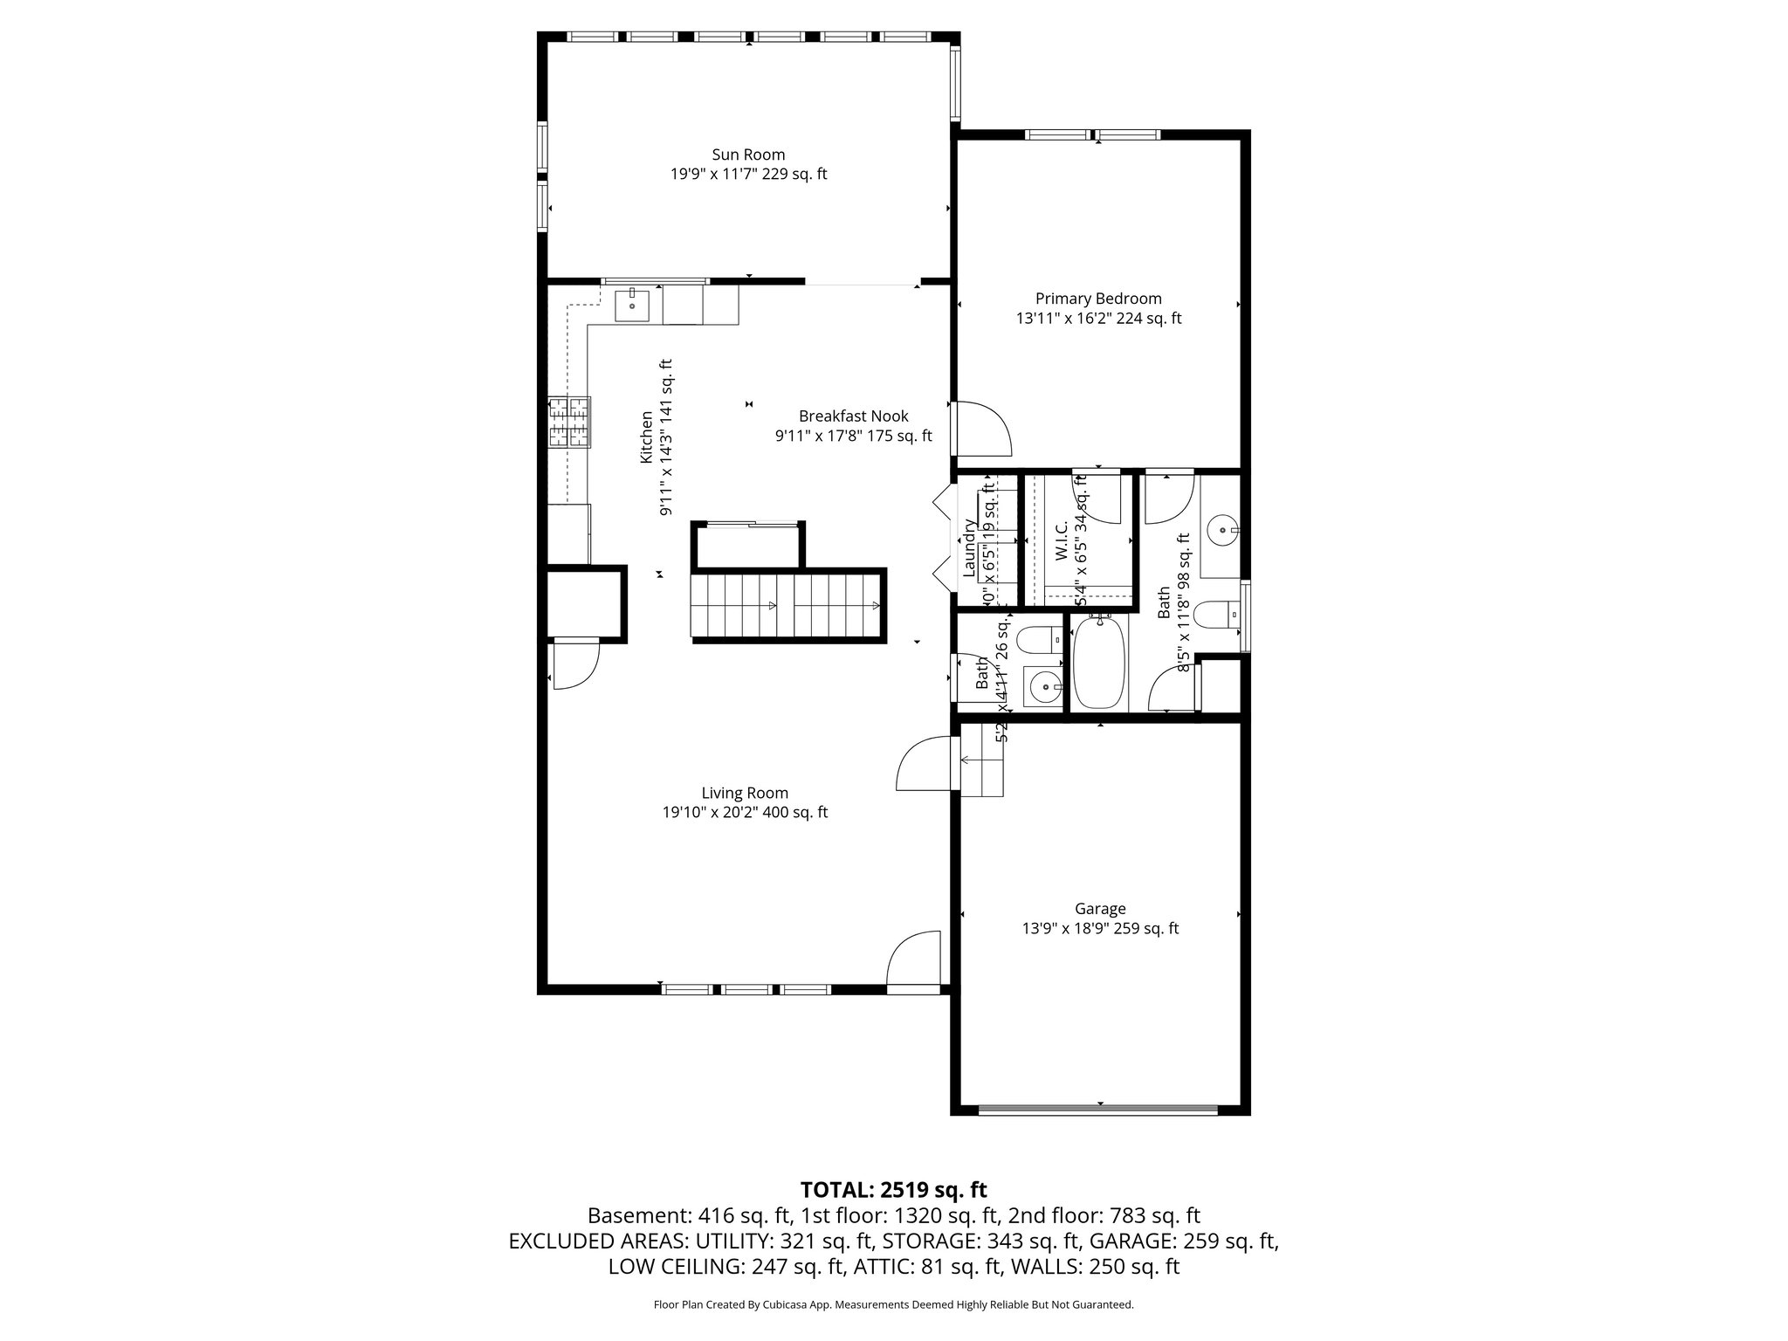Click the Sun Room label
click(748, 155)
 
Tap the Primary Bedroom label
click(1098, 299)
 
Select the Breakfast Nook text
click(853, 416)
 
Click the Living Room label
click(745, 793)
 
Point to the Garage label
click(1100, 909)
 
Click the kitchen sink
click(632, 306)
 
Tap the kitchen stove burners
click(569, 423)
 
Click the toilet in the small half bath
click(1040, 641)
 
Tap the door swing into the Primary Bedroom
click(982, 428)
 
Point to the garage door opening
click(1098, 1110)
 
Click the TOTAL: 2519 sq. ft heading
click(893, 1189)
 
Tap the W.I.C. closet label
click(1062, 541)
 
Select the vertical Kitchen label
click(647, 437)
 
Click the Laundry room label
click(969, 548)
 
